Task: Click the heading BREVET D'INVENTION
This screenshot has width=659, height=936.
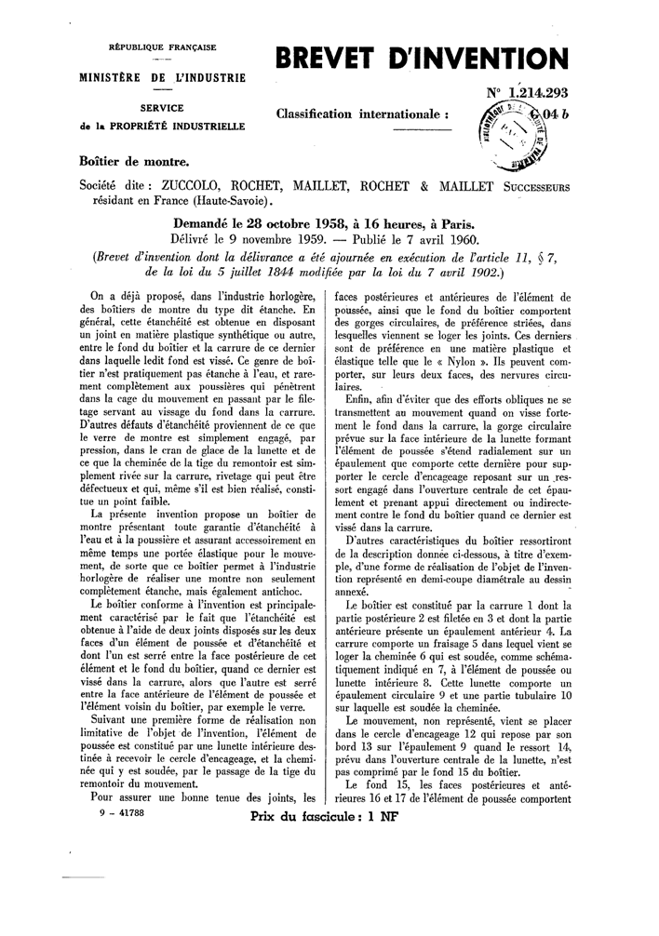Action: point(416,60)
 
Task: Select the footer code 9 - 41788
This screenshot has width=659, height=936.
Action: point(118,812)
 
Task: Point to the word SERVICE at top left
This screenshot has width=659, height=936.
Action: point(163,108)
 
